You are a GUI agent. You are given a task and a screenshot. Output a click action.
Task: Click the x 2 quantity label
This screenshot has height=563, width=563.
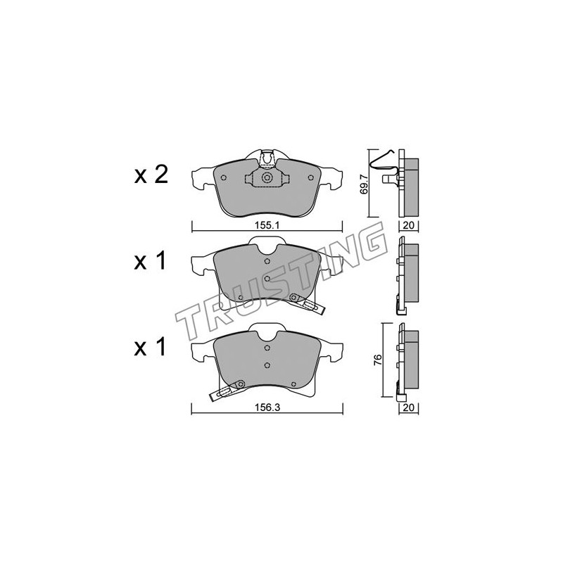[x=151, y=175]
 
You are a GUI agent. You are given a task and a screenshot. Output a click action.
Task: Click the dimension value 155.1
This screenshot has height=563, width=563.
[x=267, y=225]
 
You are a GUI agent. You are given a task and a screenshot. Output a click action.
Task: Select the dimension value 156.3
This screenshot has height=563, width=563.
[x=267, y=407]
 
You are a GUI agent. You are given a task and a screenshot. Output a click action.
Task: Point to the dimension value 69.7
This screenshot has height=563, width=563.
[x=364, y=183]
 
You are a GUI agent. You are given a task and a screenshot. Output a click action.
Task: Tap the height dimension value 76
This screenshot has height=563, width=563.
[x=377, y=360]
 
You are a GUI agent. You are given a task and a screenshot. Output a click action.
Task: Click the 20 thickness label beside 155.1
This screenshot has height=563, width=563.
[x=409, y=225]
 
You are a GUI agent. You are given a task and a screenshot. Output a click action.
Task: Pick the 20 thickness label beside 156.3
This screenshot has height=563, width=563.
[x=409, y=407]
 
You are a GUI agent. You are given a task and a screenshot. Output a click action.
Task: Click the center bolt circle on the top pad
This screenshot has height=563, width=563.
[x=267, y=178]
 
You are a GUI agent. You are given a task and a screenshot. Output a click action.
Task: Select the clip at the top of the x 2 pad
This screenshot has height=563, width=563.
[x=267, y=159]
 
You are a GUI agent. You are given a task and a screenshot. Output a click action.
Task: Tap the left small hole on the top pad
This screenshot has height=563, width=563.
[x=223, y=177]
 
